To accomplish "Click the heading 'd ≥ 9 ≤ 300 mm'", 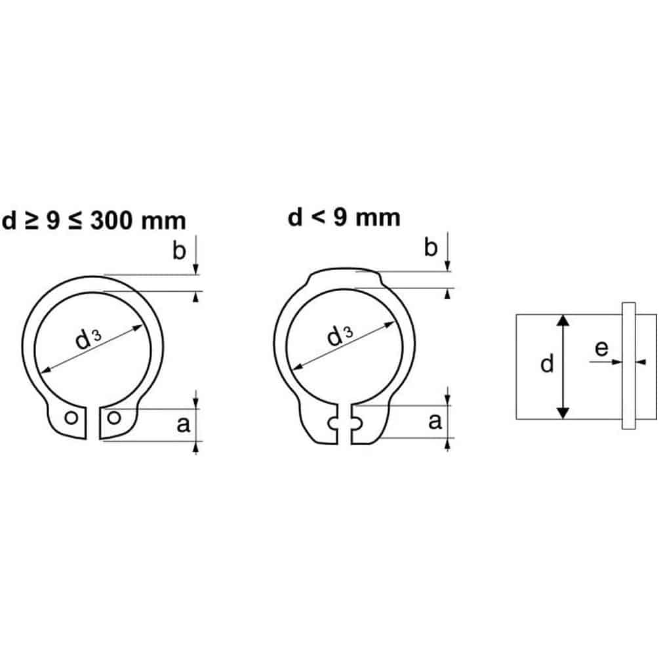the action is (94, 220).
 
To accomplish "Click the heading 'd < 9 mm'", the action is (344, 217).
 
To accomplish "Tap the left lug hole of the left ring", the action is (71, 418).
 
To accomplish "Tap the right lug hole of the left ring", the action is (114, 417).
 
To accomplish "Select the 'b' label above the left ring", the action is (179, 250).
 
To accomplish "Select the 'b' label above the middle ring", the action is (431, 247).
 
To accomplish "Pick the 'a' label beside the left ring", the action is (183, 424).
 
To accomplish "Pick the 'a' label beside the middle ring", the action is (435, 422).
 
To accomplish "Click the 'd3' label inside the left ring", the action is (88, 339).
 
